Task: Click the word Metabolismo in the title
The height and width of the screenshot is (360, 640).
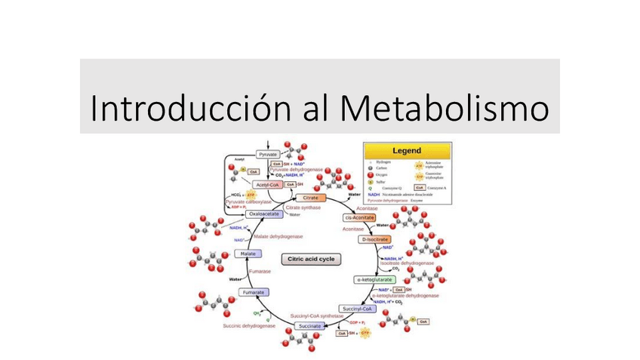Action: (445, 107)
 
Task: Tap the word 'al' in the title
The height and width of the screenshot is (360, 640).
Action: (318, 107)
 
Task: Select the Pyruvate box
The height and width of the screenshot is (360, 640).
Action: (268, 154)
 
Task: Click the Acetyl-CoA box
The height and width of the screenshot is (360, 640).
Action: (268, 185)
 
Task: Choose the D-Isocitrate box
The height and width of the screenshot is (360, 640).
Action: (375, 239)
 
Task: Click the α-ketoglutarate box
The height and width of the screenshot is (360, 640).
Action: (374, 279)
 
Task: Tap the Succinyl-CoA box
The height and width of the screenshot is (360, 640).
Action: (357, 309)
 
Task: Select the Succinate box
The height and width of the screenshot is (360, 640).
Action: (309, 326)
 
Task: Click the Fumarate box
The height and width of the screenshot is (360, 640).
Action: (253, 292)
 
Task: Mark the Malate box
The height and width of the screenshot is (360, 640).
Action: (248, 254)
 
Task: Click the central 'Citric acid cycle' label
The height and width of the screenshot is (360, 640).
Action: (312, 259)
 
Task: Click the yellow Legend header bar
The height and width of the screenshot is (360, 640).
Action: (407, 150)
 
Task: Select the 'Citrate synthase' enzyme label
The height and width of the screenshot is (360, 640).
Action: (303, 207)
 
